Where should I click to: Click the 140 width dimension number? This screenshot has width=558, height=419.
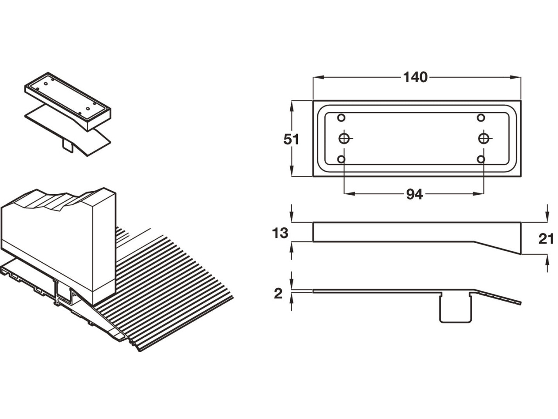pos(415,77)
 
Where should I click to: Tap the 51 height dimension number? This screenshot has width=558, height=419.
pos(291,139)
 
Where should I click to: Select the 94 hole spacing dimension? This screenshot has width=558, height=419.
pos(415,194)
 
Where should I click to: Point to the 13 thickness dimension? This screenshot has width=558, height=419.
pos(280,233)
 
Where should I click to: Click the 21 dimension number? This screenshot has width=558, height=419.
pos(546,239)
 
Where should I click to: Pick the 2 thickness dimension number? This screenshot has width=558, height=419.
pos(278,294)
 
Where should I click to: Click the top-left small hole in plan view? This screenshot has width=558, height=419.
pos(341,118)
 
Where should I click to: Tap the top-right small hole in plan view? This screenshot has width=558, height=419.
pos(481,118)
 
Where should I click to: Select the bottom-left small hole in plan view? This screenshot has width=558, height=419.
pos(341,159)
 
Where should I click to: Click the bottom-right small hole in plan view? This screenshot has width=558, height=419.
pos(481,159)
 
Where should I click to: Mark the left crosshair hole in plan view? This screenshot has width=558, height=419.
pos(344,139)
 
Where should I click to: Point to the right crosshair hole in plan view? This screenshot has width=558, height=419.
pos(484,139)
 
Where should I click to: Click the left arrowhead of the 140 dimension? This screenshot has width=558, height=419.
pos(318,77)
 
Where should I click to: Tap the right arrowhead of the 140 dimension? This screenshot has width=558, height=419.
pos(516,77)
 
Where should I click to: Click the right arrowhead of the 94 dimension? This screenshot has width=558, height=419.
pos(478,194)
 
